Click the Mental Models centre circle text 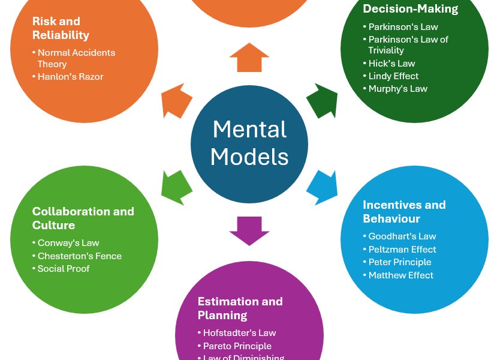(x=249, y=143)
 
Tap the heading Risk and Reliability (x=61, y=28)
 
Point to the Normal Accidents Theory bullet (x=76, y=58)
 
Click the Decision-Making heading (x=410, y=9)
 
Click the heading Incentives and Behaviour (x=404, y=212)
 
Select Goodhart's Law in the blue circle (x=402, y=236)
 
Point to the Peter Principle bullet (x=400, y=262)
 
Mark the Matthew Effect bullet (x=401, y=275)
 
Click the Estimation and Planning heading (x=240, y=308)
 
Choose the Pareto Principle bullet (x=237, y=346)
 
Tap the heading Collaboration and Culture (x=83, y=218)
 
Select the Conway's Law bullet (x=68, y=243)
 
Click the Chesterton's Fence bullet (x=79, y=256)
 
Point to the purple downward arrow (x=249, y=230)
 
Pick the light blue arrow (x=322, y=185)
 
